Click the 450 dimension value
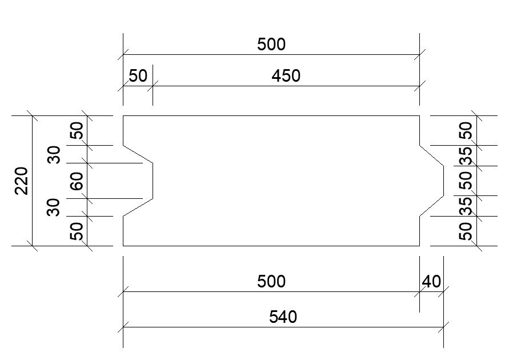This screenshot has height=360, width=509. [x=286, y=75]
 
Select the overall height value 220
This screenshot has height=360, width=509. [x=21, y=181]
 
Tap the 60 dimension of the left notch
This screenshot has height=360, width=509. [x=77, y=181]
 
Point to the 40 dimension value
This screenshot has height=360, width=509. [x=431, y=281]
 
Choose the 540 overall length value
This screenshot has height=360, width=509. [x=283, y=317]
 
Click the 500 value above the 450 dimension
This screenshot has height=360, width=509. [x=271, y=44]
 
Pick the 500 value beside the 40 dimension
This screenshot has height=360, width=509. [x=271, y=281]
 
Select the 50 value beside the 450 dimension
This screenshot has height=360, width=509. [x=138, y=75]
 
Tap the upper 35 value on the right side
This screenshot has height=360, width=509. [x=466, y=156]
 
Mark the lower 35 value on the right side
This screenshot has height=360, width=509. [x=466, y=206]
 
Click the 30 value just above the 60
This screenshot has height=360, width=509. [x=54, y=154]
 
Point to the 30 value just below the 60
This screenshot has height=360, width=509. [x=54, y=207]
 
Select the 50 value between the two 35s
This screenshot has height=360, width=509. [x=466, y=181]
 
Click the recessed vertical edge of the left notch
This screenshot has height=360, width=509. [x=153, y=181]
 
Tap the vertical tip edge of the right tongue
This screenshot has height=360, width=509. [x=443, y=181]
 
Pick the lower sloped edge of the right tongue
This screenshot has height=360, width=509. [x=432, y=206]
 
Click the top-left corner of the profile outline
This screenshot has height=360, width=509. [x=123, y=116]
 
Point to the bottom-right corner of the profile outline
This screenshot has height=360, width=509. [x=420, y=246]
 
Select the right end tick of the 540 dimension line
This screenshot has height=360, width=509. [x=443, y=327]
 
